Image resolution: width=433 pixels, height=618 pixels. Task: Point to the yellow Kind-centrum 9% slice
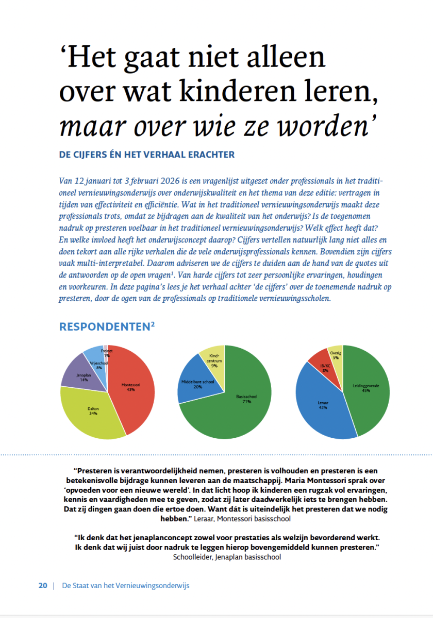(x=214, y=360)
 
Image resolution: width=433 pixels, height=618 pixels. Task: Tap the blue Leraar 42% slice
(x=322, y=407)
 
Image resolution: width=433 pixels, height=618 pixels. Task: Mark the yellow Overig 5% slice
(x=336, y=355)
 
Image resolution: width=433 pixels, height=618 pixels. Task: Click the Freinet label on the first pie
(x=106, y=350)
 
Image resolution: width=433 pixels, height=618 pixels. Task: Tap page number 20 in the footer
(x=43, y=586)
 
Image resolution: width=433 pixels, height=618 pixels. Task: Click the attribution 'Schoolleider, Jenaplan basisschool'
(x=227, y=557)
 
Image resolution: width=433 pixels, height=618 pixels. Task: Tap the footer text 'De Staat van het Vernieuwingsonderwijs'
(x=126, y=586)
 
